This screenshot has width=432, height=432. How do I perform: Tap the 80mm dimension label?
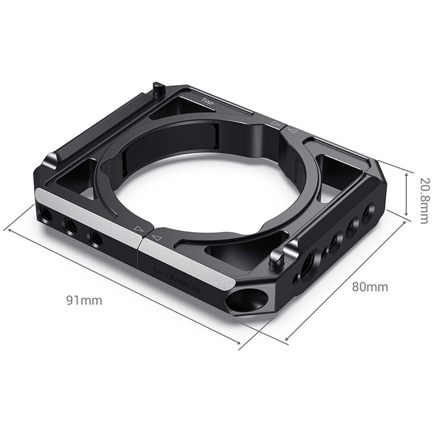click(370, 286)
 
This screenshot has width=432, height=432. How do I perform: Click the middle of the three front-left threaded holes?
click(69, 225)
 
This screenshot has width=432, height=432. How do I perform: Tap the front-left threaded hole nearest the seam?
click(94, 237)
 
